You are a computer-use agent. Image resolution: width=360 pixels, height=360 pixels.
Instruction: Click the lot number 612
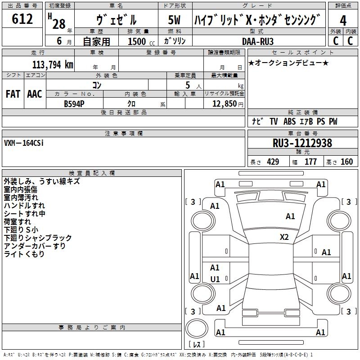22,19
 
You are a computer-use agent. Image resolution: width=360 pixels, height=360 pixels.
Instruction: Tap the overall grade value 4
343,21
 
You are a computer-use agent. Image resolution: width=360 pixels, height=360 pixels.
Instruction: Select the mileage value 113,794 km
53,65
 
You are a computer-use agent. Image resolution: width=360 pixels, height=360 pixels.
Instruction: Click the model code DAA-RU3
258,41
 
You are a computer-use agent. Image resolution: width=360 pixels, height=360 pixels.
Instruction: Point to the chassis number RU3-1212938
302,143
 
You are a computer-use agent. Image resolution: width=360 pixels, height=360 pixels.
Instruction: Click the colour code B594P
75,103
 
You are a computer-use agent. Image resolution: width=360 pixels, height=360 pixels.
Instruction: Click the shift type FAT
13,94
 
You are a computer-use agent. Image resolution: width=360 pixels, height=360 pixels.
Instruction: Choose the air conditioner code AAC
35,94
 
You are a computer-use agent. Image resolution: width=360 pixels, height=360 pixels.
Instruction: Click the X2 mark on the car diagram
284,237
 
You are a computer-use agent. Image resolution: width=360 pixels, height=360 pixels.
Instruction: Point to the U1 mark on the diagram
215,279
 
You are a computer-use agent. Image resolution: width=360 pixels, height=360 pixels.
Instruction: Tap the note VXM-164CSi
24,143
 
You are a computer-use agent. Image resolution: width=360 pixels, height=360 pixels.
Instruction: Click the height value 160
346,162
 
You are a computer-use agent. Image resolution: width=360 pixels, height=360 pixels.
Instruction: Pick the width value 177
310,162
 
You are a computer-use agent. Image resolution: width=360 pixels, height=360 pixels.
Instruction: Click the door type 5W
175,21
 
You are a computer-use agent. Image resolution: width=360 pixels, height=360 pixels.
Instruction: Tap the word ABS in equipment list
290,121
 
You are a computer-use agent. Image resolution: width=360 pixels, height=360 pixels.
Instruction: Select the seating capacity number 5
187,85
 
